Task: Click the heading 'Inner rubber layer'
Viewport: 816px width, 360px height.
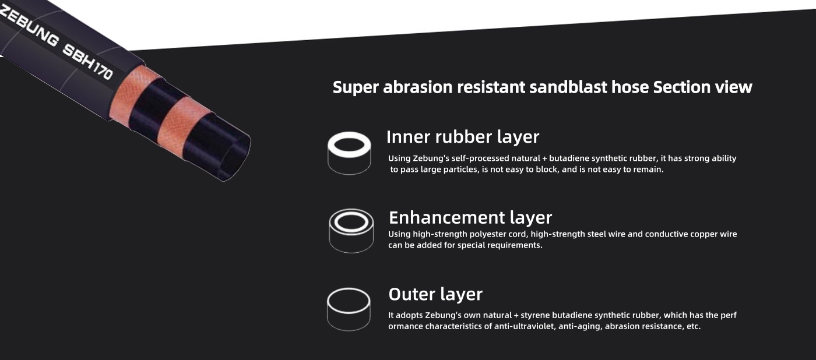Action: (x=463, y=137)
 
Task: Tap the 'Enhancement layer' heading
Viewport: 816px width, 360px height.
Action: (x=470, y=218)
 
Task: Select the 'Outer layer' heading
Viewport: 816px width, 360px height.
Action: (x=435, y=294)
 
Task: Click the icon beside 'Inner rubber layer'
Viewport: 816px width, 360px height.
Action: (x=349, y=153)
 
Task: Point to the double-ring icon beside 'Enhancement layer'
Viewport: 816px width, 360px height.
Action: (x=351, y=231)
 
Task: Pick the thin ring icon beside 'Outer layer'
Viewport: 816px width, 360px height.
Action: (x=349, y=309)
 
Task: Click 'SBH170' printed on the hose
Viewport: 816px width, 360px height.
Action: (x=88, y=62)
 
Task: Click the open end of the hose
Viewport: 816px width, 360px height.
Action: (x=235, y=158)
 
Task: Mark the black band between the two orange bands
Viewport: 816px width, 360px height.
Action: (x=157, y=108)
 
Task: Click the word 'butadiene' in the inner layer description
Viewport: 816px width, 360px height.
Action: (x=567, y=158)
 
